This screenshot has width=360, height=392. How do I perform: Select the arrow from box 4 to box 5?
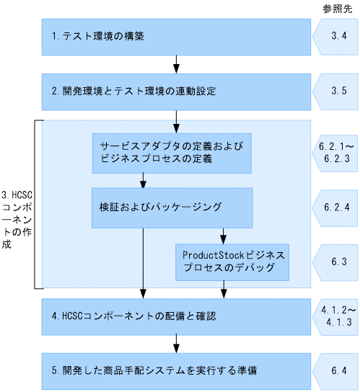pos(176,343)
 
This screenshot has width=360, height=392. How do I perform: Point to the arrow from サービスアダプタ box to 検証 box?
pos(143,180)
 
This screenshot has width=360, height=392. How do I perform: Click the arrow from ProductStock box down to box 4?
pos(224,290)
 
